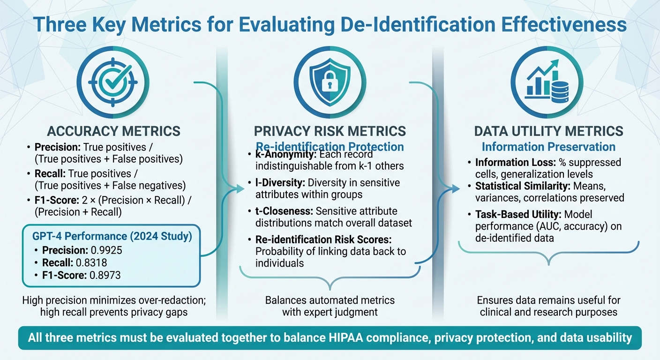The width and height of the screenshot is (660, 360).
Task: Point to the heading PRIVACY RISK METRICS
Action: (x=330, y=131)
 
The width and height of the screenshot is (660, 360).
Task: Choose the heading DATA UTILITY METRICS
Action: (x=548, y=131)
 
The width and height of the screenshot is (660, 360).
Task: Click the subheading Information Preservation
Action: (x=548, y=147)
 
